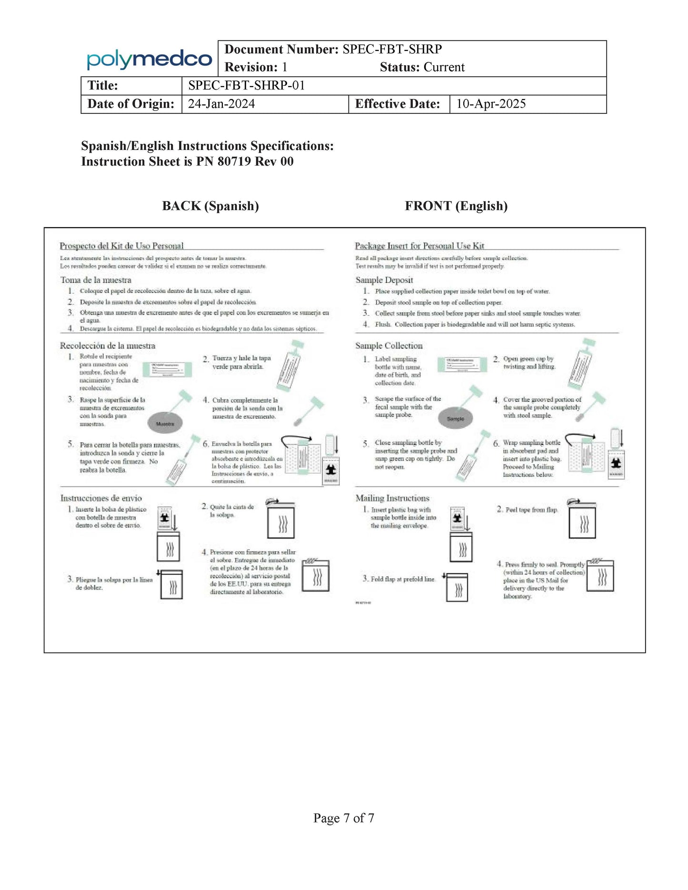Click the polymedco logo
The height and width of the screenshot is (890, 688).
click(x=149, y=59)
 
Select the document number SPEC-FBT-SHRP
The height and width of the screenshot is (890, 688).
click(x=392, y=49)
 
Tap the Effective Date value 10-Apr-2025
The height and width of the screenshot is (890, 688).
click(x=491, y=104)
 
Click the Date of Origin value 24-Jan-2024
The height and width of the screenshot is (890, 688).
click(x=221, y=104)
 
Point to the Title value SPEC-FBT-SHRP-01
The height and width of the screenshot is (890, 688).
click(x=246, y=86)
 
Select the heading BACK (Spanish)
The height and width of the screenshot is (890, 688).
click(x=210, y=206)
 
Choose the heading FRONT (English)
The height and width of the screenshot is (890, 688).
click(x=456, y=206)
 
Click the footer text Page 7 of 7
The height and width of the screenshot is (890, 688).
click(x=344, y=818)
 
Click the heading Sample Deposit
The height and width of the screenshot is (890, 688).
click(x=384, y=280)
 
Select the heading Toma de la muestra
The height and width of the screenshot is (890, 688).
click(x=96, y=280)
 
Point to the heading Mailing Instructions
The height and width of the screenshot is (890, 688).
click(x=392, y=498)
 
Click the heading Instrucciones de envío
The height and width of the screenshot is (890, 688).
click(x=101, y=498)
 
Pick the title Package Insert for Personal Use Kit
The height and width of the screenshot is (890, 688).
click(x=419, y=246)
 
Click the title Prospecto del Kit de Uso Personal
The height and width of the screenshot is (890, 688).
click(x=121, y=246)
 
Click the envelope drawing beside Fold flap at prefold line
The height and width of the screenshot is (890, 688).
click(x=457, y=588)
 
